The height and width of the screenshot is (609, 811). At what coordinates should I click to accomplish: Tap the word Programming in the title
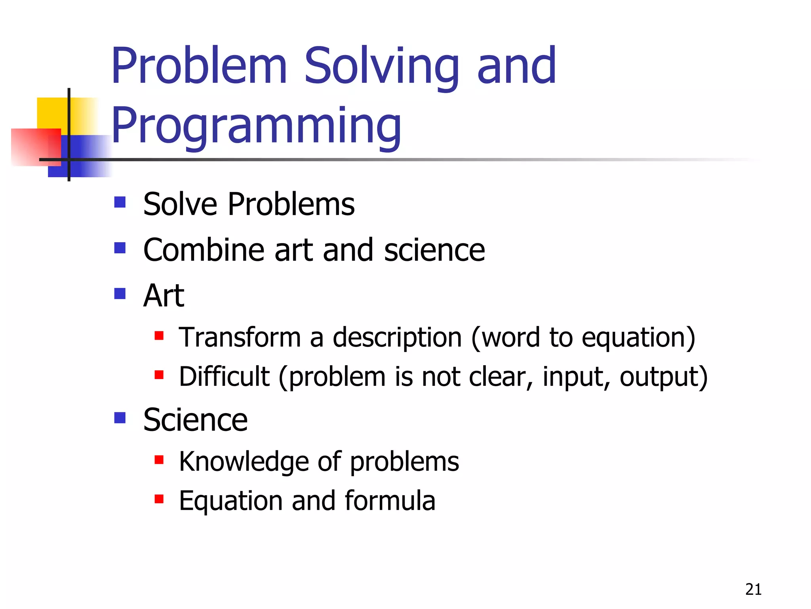coord(256,126)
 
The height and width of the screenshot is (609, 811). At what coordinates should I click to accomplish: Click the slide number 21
coord(753,590)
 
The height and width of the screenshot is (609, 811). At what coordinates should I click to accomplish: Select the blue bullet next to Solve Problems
coord(120,202)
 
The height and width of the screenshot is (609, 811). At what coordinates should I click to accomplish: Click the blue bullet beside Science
coord(120,418)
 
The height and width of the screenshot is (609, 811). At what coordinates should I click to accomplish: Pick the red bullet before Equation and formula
coord(159,499)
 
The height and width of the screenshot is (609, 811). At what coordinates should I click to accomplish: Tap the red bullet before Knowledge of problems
coord(159,460)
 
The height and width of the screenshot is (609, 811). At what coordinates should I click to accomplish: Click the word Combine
coord(203,250)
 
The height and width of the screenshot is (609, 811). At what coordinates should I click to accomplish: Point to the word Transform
coord(240,337)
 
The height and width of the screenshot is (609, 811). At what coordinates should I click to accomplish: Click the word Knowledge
coord(244,462)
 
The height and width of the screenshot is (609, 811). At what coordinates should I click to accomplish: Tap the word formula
coord(390,500)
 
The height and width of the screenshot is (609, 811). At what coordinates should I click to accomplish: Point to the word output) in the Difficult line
coord(663,377)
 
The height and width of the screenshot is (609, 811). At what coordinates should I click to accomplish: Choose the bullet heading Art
coord(164,296)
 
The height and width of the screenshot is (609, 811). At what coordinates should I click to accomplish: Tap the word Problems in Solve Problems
coord(291,204)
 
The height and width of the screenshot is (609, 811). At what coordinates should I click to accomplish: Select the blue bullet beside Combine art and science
coord(120,248)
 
